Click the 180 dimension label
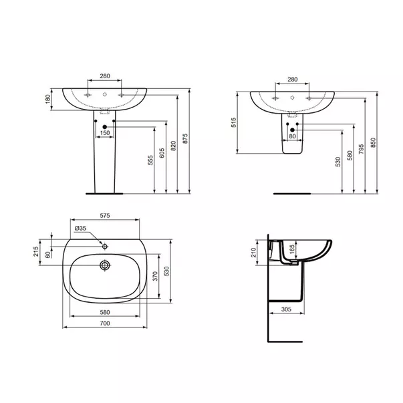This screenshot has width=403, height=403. [x=47, y=99]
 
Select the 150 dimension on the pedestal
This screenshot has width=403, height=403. [x=105, y=133]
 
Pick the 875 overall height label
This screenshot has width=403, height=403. [x=185, y=140]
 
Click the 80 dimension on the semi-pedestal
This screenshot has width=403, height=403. [x=292, y=136]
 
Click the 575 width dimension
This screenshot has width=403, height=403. [x=105, y=216]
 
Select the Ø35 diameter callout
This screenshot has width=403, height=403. [x=80, y=229]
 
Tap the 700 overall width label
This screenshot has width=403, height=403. [x=104, y=323]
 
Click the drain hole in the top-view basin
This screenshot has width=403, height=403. [x=104, y=265]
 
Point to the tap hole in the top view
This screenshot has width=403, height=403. [x=104, y=246]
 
